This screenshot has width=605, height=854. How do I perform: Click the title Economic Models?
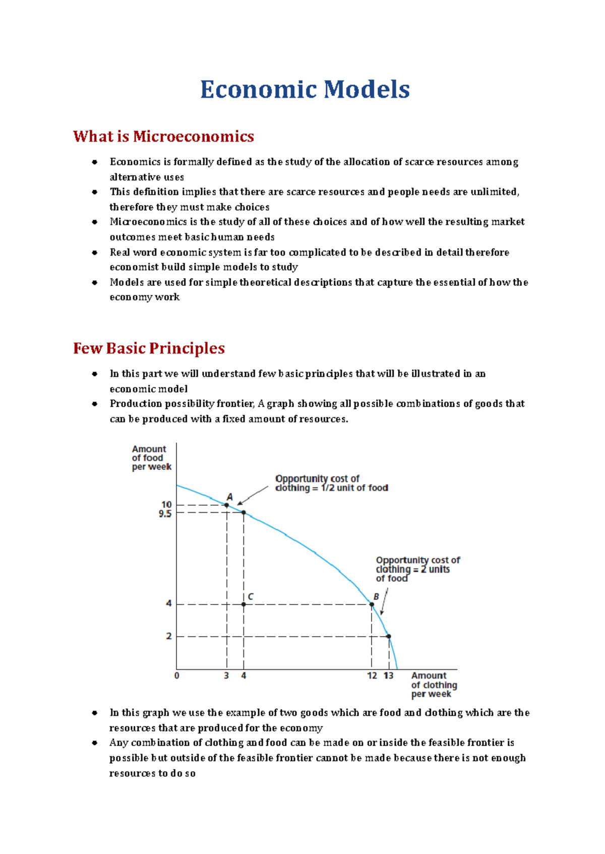coord(305,90)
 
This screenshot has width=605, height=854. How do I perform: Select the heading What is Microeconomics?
coord(163,137)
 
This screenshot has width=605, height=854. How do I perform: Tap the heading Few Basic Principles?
coord(149,348)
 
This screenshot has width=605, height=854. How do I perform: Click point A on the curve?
coord(227,505)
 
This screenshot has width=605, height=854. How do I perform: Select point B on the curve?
coord(372,604)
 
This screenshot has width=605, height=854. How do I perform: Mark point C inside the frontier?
coord(244,604)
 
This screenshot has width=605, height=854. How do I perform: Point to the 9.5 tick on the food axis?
coord(165,514)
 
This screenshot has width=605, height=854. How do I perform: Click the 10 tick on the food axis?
coord(166,505)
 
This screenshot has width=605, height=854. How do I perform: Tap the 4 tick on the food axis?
coord(169,603)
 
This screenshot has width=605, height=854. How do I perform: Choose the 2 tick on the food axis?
coord(169,636)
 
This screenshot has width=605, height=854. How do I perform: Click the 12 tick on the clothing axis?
coord(372,676)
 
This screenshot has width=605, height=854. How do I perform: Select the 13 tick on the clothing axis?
coord(389,676)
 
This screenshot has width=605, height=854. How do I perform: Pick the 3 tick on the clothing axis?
coord(226,676)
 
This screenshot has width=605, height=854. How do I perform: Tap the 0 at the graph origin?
coord(177,676)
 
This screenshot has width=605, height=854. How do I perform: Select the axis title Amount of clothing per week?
coord(433,685)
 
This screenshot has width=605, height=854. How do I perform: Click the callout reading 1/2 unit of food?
coord(331,483)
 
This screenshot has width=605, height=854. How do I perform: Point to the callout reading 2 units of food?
coord(417,569)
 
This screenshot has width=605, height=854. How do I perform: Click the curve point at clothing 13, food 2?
coord(389,636)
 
